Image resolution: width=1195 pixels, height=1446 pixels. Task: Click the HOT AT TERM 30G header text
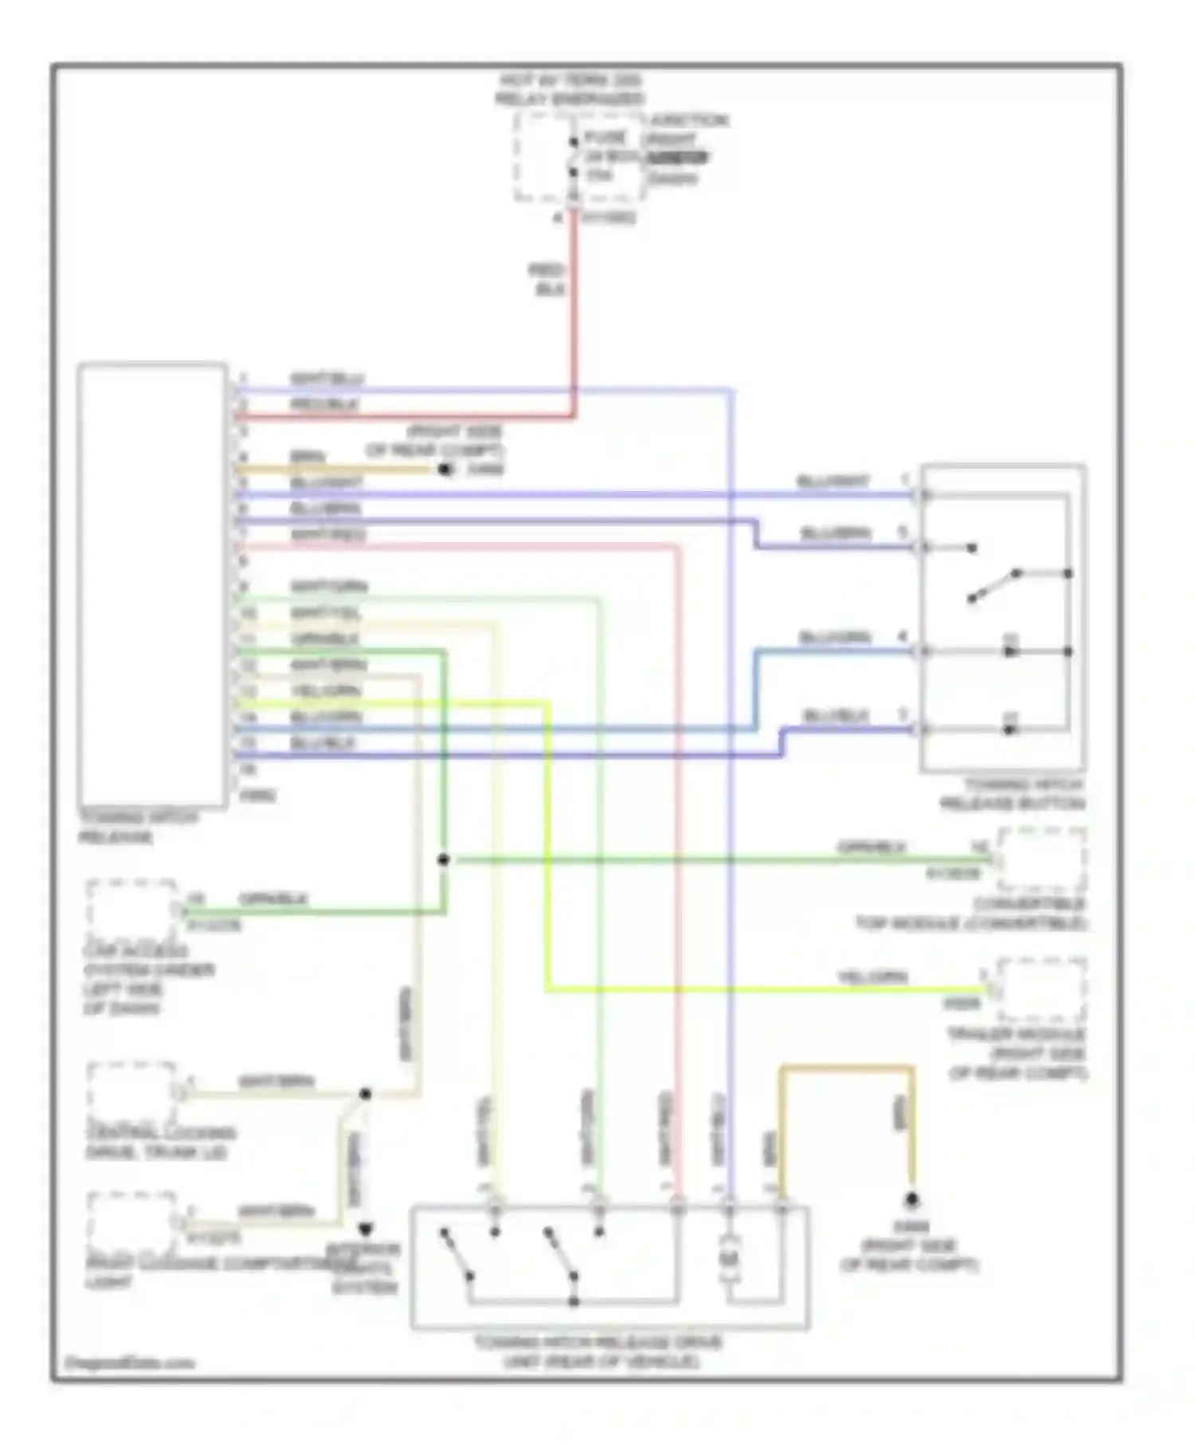(x=570, y=81)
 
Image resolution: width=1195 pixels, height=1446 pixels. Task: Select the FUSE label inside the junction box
(x=605, y=137)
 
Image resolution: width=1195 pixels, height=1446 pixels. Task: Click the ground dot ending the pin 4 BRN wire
(x=445, y=470)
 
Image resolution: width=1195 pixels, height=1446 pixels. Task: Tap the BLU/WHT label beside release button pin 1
(x=833, y=481)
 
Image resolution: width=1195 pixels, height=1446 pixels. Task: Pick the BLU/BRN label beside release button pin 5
(x=835, y=532)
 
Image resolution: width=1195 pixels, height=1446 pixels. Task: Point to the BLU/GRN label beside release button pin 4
(x=834, y=638)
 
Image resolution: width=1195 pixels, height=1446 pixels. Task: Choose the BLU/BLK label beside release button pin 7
(x=835, y=716)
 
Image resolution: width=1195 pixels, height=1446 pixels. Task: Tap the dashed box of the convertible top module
(x=1042, y=859)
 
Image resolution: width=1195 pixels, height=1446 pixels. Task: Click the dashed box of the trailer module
(x=1042, y=989)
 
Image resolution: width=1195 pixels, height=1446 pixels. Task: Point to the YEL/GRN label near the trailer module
(x=871, y=976)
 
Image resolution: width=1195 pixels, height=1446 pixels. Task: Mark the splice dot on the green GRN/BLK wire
(x=444, y=859)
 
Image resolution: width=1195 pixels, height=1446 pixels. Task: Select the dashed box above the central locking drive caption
(x=132, y=1091)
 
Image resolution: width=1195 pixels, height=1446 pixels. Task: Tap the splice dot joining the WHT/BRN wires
(x=365, y=1094)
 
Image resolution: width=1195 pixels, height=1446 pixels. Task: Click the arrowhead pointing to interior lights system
(x=365, y=1230)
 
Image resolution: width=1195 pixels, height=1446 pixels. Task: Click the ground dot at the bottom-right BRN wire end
(x=911, y=1200)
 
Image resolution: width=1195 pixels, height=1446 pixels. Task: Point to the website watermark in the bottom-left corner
(x=129, y=1363)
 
